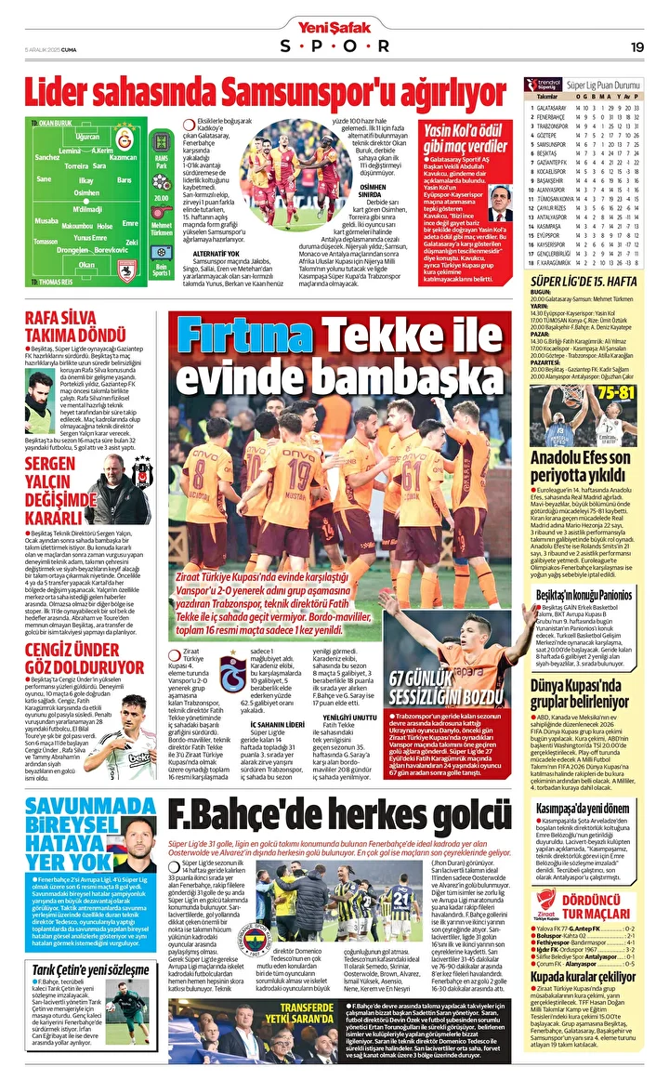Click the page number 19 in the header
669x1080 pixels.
(x=637, y=46)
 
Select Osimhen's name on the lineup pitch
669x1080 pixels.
(x=86, y=192)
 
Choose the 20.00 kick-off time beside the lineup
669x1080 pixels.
(x=161, y=197)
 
